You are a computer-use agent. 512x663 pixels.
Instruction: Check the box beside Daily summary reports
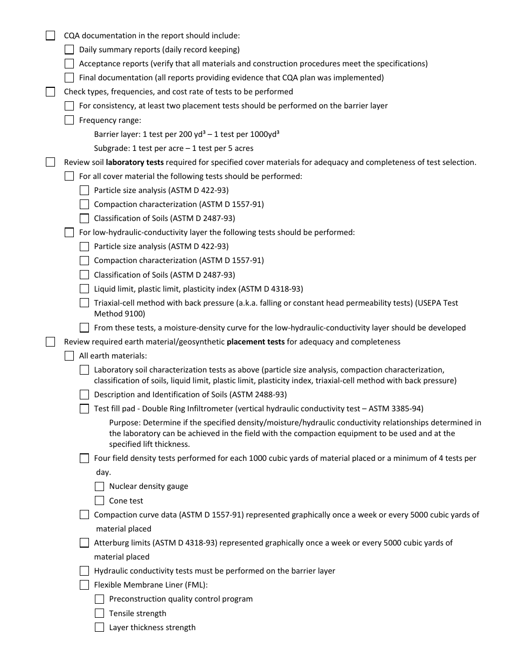tap(69, 50)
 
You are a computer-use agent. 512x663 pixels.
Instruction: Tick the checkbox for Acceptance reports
tap(69, 64)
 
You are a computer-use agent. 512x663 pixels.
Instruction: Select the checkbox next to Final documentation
tap(69, 78)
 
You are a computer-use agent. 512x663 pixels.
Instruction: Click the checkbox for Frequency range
tap(69, 120)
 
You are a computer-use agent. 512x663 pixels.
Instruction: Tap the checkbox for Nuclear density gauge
tap(99, 486)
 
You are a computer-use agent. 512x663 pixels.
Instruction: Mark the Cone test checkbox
tap(99, 501)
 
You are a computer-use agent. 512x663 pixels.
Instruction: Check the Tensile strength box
tap(99, 613)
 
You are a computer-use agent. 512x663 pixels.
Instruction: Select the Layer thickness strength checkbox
tap(99, 627)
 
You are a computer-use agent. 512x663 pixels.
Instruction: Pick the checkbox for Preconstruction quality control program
tap(99, 599)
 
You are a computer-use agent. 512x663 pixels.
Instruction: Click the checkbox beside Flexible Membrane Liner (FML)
tap(84, 585)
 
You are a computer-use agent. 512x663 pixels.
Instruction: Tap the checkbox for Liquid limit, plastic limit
tap(84, 289)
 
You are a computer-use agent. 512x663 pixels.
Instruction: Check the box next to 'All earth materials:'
tap(69, 356)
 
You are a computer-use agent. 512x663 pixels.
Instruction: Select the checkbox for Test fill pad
tap(84, 409)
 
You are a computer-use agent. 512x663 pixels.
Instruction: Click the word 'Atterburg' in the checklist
tap(112, 543)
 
